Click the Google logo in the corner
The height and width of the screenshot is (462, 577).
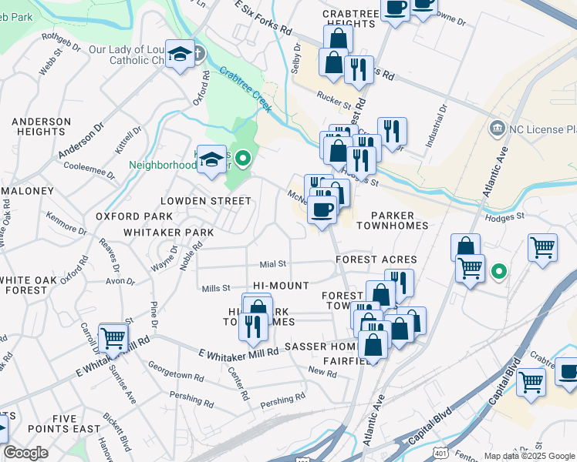click(26, 453)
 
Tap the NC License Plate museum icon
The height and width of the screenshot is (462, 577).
click(497, 126)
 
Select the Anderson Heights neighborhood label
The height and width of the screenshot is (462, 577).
click(39, 126)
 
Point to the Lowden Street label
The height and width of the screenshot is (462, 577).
click(205, 201)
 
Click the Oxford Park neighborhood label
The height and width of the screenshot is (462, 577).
click(134, 217)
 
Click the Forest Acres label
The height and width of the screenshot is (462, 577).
click(376, 260)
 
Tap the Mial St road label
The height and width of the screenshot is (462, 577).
click(273, 263)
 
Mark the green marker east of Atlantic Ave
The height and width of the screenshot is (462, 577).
click(499, 271)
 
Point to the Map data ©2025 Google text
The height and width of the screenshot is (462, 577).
click(528, 456)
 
